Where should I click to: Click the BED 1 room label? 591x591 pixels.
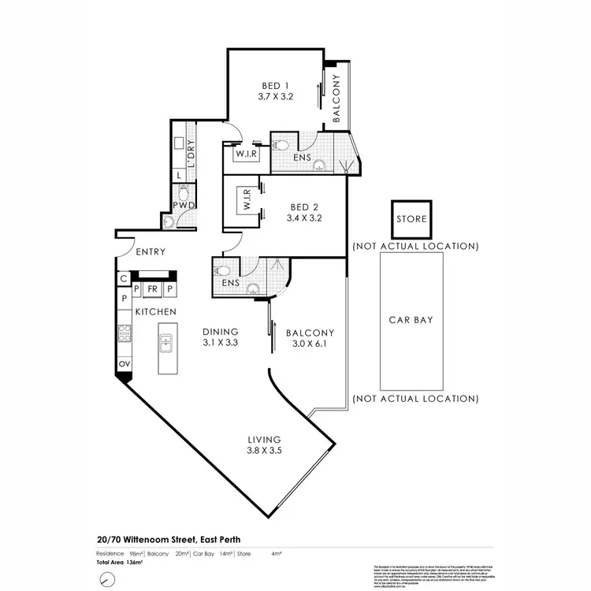[x=275, y=87]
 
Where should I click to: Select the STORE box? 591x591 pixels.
[x=411, y=218]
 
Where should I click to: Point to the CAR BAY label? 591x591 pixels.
[x=411, y=320]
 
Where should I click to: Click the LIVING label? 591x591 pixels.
[x=264, y=439]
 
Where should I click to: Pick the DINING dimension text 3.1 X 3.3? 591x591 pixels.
[x=220, y=343]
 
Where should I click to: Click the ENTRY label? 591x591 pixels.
[x=150, y=253]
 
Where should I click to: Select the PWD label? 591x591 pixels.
[x=184, y=206]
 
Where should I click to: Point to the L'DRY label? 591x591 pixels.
[x=190, y=149]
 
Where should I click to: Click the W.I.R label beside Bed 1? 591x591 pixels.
[x=242, y=155]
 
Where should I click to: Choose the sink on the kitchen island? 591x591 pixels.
[x=167, y=344]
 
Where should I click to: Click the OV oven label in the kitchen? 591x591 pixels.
[x=124, y=363]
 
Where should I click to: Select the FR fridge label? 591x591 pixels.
[x=153, y=289]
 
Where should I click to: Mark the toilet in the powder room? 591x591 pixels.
[x=183, y=191]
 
